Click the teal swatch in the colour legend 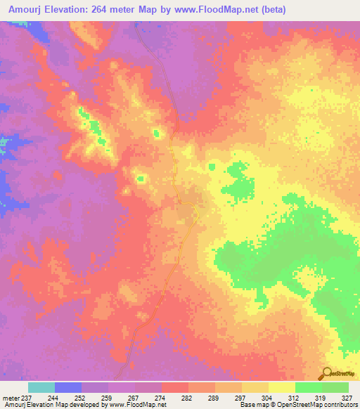pyautogui.click(x=41, y=387)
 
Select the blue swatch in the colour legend pyautogui.click(x=67, y=387)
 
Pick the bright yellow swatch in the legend pyautogui.click(x=281, y=387)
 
